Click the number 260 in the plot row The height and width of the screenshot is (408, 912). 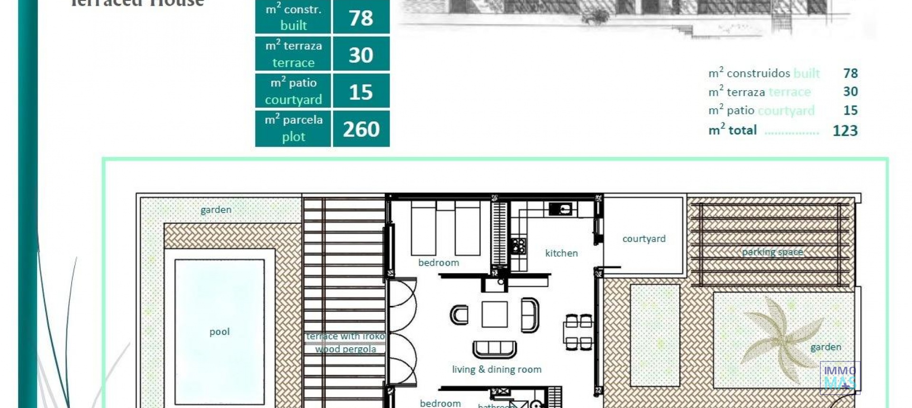(361, 129)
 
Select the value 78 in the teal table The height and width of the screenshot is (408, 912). (361, 18)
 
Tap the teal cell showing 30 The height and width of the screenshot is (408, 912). (361, 55)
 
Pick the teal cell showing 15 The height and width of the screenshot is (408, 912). (361, 92)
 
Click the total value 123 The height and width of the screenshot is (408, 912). (845, 131)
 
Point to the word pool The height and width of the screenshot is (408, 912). (219, 332)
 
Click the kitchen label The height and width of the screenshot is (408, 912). (561, 253)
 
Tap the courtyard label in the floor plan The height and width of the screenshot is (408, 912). (644, 239)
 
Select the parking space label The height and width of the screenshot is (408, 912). (772, 252)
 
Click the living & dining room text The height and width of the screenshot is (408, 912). (496, 370)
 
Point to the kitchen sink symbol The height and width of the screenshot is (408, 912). (560, 209)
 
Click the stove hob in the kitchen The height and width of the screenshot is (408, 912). (519, 246)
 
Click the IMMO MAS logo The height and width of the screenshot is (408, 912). (840, 378)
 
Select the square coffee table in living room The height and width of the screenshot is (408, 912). (494, 314)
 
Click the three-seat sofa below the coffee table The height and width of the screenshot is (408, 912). (494, 350)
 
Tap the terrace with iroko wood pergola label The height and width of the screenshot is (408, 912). (346, 343)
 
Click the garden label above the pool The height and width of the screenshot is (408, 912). (216, 210)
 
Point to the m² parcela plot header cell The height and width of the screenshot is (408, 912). (293, 129)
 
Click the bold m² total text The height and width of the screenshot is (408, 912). (732, 130)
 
